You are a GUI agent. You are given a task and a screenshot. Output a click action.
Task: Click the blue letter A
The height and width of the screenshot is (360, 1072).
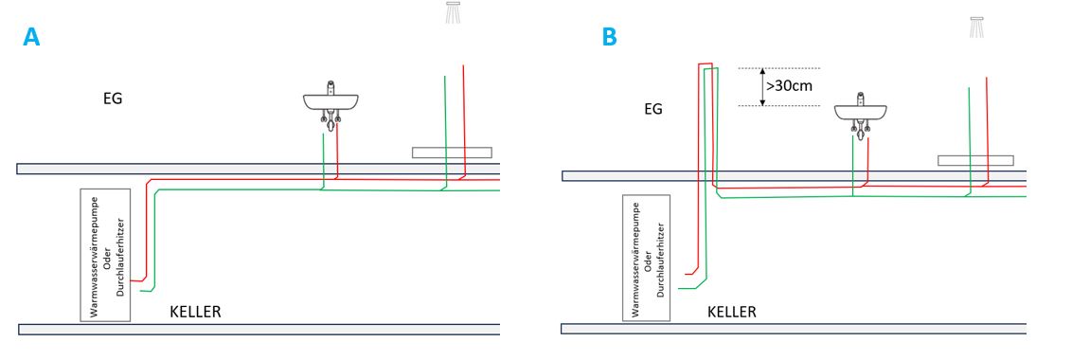point(31,36)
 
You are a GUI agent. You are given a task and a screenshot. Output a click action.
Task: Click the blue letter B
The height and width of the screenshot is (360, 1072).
point(609,36)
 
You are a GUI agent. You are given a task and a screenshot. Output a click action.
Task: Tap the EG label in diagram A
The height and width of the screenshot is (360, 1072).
point(113,99)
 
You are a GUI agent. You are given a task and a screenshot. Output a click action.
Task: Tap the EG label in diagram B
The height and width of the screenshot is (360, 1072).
point(653,109)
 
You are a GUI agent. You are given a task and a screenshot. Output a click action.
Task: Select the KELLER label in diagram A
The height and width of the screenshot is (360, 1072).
point(195,312)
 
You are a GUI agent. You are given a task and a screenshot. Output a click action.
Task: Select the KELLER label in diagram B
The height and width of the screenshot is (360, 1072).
point(731,312)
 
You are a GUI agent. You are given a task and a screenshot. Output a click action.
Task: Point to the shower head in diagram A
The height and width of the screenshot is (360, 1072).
point(454,13)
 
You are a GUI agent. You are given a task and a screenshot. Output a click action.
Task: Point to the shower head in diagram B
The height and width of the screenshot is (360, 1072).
point(976,27)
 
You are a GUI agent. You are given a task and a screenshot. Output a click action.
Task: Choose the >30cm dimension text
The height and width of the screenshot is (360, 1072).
point(790,87)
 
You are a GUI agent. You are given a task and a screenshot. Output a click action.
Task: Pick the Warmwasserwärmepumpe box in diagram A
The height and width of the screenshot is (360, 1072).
point(105,255)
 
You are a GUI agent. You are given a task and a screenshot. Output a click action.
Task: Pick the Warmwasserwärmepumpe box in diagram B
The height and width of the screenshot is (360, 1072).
point(646,258)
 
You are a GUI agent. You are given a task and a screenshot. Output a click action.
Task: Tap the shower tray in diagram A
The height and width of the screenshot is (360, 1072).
point(453,153)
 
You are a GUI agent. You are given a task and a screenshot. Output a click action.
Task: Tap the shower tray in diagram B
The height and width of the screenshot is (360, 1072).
point(975,160)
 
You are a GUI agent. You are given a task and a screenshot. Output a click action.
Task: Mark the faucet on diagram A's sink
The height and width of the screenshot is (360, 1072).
point(331,87)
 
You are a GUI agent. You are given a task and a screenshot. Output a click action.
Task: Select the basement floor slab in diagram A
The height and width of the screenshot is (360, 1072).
point(259,329)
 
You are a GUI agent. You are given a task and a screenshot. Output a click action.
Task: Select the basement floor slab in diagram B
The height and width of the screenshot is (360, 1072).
point(794,329)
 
